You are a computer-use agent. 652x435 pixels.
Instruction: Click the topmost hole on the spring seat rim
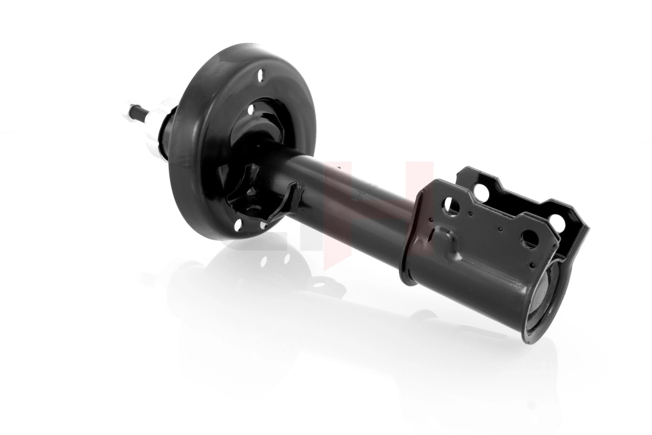261,74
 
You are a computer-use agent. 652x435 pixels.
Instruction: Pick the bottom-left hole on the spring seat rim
237,223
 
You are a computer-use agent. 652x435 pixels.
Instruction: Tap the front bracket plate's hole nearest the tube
452,205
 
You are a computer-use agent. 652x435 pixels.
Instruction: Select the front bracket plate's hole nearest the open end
530,238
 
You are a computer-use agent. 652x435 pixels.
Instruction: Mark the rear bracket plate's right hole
556,221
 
